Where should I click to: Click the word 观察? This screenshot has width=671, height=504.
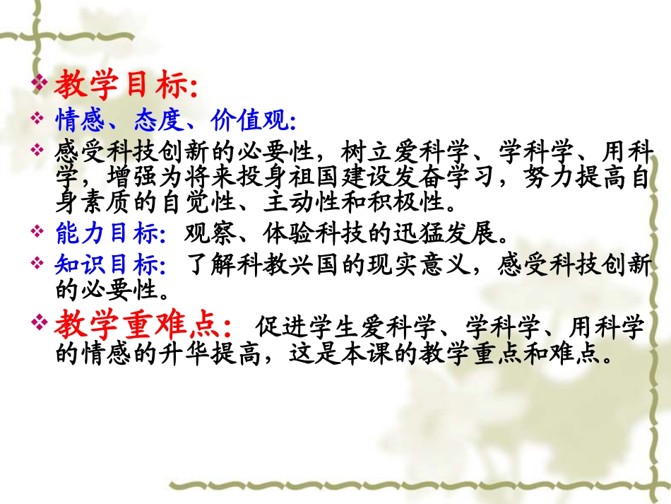click(x=206, y=233)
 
